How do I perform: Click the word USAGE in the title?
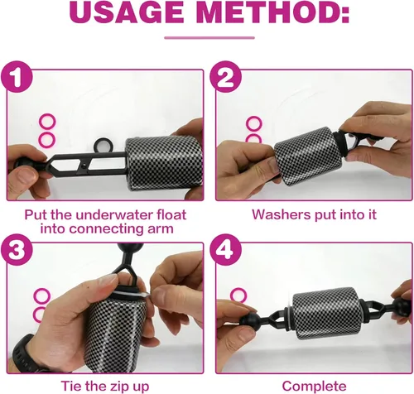(126, 12)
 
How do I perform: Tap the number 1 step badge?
(17, 77)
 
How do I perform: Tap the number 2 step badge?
(225, 77)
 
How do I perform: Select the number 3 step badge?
(17, 250)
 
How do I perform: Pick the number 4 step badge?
(225, 250)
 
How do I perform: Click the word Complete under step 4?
(314, 387)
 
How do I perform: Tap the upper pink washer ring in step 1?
(47, 122)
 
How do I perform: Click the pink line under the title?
(209, 38)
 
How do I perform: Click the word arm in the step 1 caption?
(161, 228)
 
